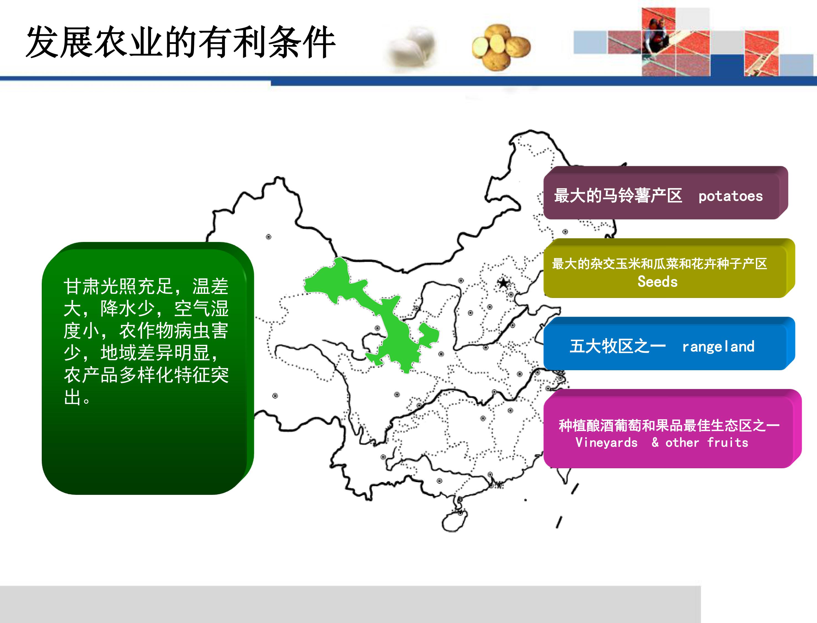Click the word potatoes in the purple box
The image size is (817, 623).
[x=731, y=196]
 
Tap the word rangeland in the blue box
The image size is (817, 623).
[x=718, y=347]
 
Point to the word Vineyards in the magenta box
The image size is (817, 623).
[x=606, y=442]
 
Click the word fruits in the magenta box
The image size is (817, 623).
[x=728, y=442]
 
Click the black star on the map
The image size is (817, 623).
[x=503, y=283]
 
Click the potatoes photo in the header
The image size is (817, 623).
[x=501, y=47]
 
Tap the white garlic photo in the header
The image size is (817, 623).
[x=412, y=47]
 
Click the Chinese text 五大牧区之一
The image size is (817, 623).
[x=618, y=346]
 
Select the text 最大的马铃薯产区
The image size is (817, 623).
[x=618, y=195]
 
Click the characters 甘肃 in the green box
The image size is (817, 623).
[x=82, y=286]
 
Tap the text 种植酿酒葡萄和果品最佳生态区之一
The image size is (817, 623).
[x=669, y=425]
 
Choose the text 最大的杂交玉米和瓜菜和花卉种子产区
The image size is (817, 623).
[x=660, y=264]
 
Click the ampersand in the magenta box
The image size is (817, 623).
[x=655, y=442]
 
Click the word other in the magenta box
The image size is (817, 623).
[x=682, y=442]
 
